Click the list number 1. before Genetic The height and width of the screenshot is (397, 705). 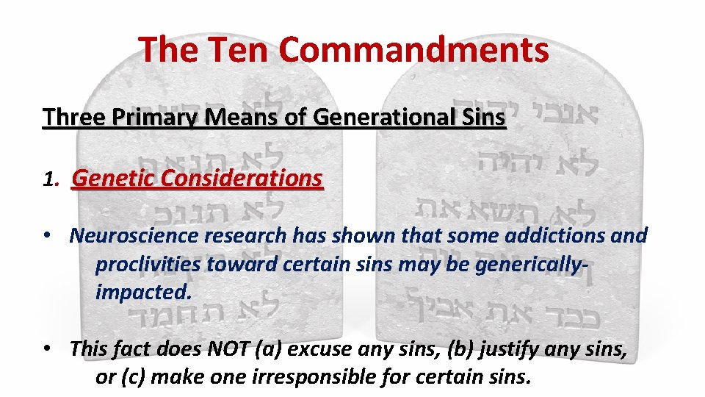[x=51, y=179]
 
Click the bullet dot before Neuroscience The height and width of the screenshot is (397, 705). [x=46, y=236]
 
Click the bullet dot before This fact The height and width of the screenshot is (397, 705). [x=46, y=348]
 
